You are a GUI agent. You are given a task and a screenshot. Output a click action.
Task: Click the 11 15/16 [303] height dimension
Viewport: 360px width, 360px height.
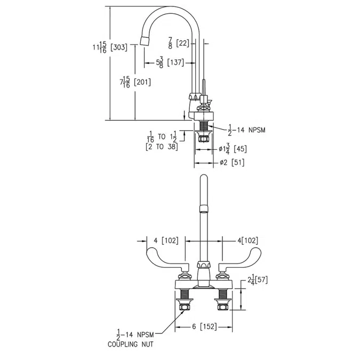click(x=109, y=47)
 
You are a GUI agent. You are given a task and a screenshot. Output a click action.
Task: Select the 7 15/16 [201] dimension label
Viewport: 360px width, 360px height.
click(x=135, y=82)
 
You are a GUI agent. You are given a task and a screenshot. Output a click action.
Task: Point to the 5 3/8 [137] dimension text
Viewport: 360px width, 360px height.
click(x=170, y=62)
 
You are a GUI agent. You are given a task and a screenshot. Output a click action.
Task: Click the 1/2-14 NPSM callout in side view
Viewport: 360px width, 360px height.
click(x=247, y=129)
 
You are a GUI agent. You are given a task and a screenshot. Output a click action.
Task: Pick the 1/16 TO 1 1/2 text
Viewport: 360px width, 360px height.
click(x=162, y=138)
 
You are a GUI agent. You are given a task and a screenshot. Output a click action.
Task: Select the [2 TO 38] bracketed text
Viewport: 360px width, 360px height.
click(x=161, y=147)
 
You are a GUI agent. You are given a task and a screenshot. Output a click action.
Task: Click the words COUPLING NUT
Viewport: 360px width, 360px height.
click(x=131, y=344)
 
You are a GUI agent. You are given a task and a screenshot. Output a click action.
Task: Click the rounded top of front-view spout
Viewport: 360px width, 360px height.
click(x=203, y=179)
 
